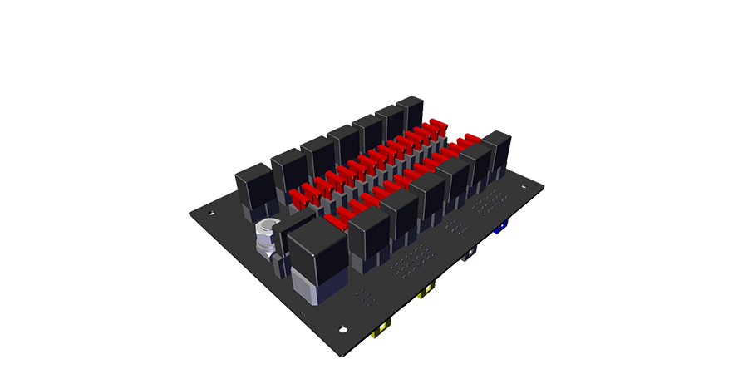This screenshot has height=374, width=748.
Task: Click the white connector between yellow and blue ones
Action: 470,253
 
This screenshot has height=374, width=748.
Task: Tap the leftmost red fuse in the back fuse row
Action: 298,198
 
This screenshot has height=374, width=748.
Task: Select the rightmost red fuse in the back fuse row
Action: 438,127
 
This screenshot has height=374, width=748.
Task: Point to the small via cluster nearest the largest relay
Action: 363,295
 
